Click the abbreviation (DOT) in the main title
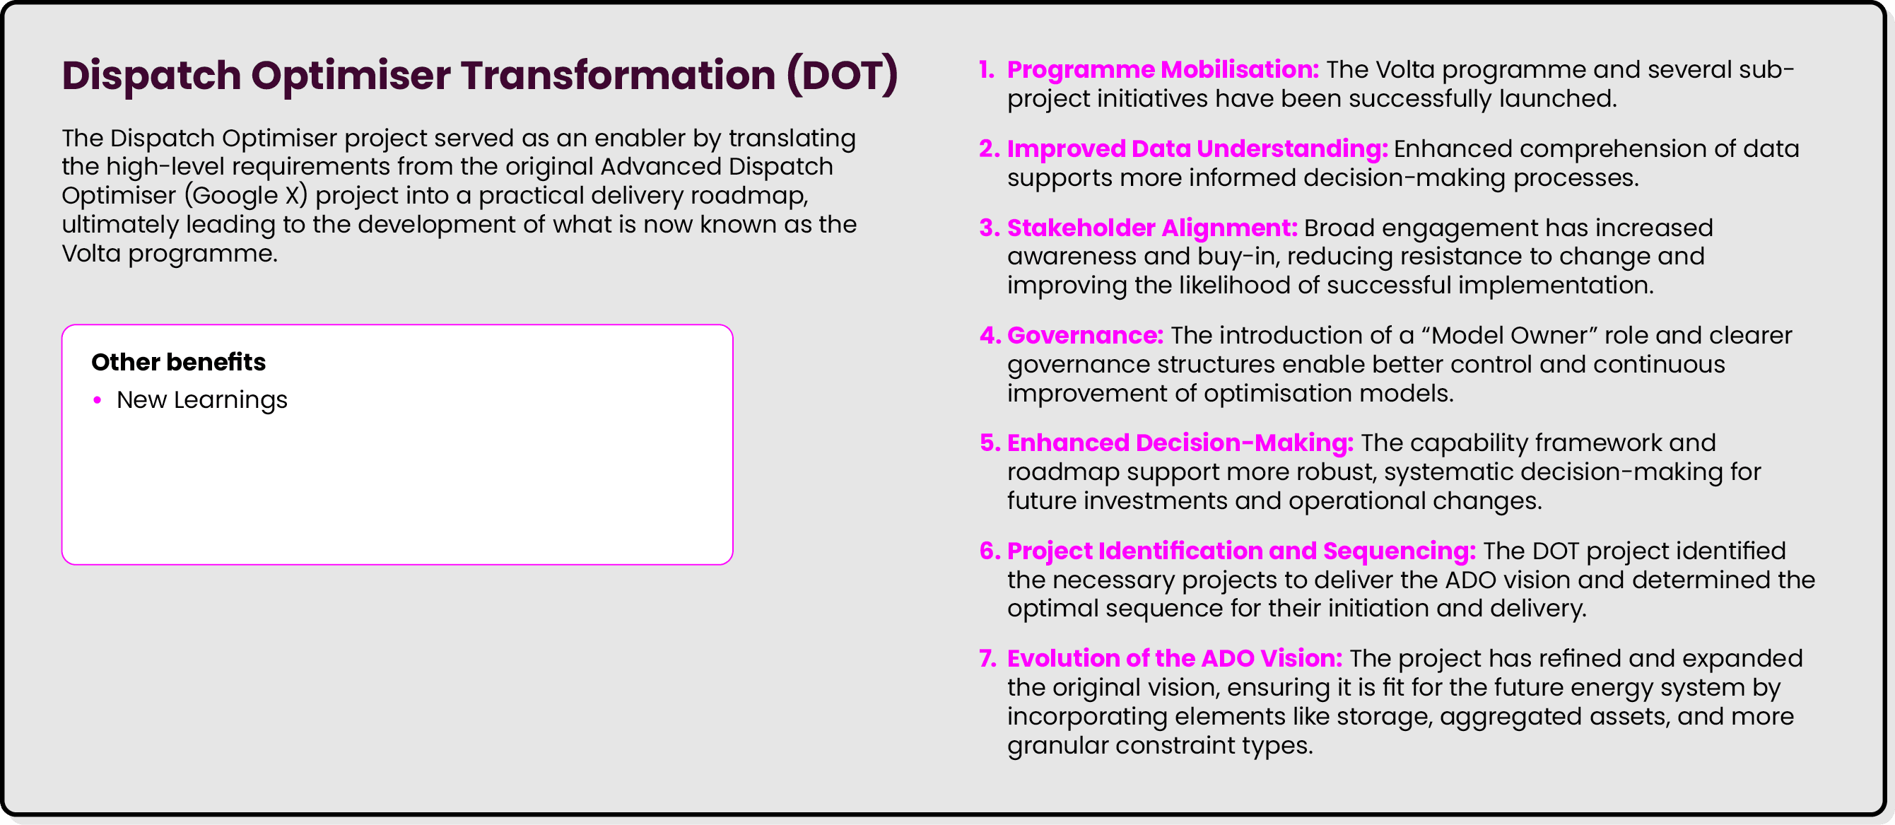tap(842, 75)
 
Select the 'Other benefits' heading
tap(178, 362)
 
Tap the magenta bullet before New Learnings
tap(97, 399)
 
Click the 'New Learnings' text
tap(201, 399)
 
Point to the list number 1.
tap(986, 69)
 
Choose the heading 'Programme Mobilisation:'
tap(1162, 69)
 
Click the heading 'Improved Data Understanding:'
tap(1197, 148)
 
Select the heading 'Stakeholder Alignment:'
tap(1152, 228)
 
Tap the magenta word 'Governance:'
tap(1085, 336)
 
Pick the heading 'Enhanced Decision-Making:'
tap(1180, 443)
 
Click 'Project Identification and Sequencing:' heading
tap(1241, 551)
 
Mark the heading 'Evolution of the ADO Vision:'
tap(1174, 658)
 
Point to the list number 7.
tap(987, 658)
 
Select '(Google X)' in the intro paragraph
tap(245, 196)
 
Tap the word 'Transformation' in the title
tap(618, 75)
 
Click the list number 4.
tap(990, 336)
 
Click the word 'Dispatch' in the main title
tap(151, 75)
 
